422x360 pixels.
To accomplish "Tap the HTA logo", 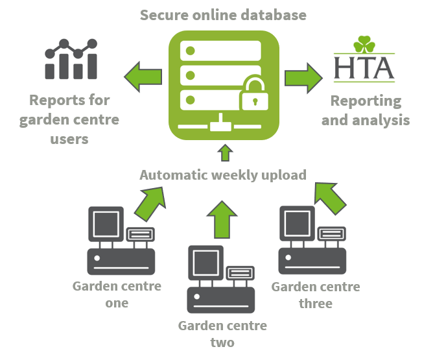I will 364,59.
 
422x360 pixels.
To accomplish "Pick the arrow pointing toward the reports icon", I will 144,77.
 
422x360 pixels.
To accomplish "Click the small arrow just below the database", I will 225,152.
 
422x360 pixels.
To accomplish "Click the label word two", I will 222,342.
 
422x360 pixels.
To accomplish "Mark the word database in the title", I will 277,14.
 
